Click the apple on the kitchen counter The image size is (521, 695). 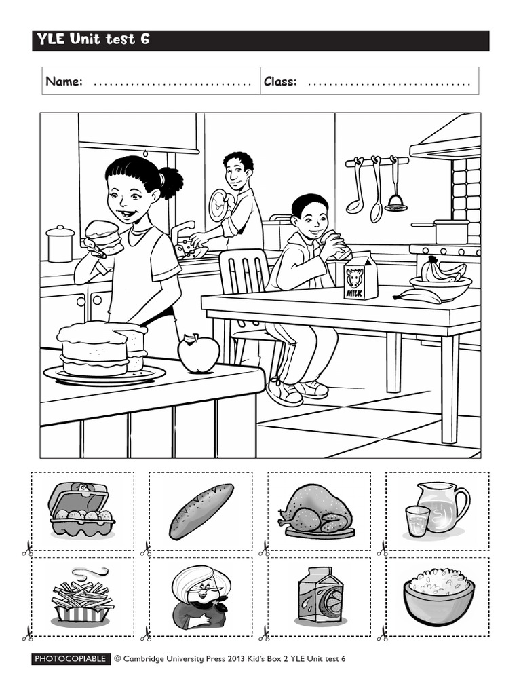(198, 354)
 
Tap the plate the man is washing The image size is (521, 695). (218, 204)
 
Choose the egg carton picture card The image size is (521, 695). (82, 510)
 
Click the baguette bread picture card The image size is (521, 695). (201, 511)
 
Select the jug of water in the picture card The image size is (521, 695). (444, 505)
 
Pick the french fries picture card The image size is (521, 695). (82, 597)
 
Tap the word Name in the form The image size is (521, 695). (64, 82)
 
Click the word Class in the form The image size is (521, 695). (280, 82)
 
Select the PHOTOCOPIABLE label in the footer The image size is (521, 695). (71, 658)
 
